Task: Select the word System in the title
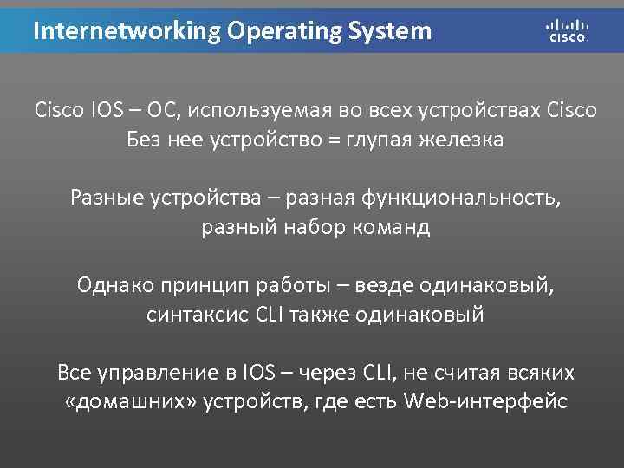pyautogui.click(x=388, y=32)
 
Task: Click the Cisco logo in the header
pyautogui.click(x=568, y=30)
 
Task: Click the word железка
pyautogui.click(x=459, y=140)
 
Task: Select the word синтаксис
pyautogui.click(x=198, y=315)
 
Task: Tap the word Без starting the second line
pyautogui.click(x=143, y=140)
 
